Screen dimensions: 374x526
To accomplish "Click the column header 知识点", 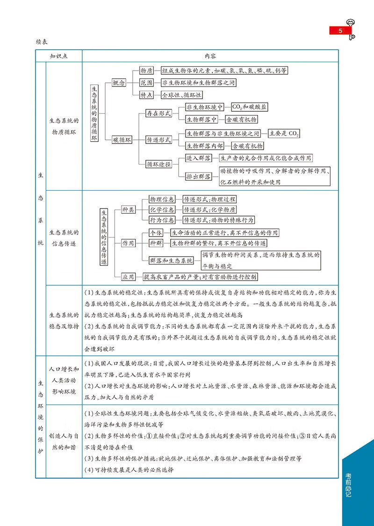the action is pyautogui.click(x=59, y=56).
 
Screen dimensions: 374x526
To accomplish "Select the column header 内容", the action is pyautogui.click(x=210, y=56).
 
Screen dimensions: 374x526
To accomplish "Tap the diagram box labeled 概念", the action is pyautogui.click(x=119, y=83).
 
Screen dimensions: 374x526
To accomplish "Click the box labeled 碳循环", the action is pyautogui.click(x=122, y=139).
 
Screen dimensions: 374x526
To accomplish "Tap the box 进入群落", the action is pyautogui.click(x=199, y=158).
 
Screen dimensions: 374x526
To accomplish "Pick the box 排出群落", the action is pyautogui.click(x=199, y=176).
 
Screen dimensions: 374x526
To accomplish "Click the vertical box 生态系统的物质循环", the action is pyautogui.click(x=94, y=113).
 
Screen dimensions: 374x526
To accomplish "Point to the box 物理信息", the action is pyautogui.click(x=162, y=199).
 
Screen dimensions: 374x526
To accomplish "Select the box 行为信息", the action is pyautogui.click(x=162, y=220).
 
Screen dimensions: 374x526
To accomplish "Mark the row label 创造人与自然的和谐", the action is pyautogui.click(x=64, y=440).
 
